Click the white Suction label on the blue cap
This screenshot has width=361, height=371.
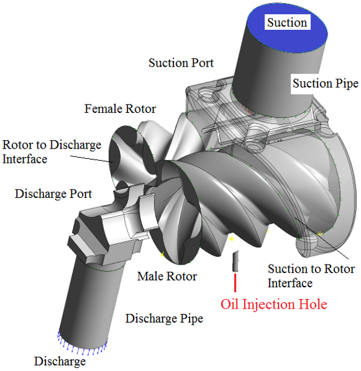[287, 23]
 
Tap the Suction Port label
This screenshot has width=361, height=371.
[181, 63]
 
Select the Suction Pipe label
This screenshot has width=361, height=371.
[325, 84]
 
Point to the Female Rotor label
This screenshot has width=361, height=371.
[120, 109]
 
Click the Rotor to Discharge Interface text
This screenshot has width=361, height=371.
[52, 152]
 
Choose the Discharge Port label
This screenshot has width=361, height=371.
[53, 194]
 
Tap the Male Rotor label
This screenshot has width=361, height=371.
[167, 276]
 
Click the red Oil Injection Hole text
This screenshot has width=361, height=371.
[274, 304]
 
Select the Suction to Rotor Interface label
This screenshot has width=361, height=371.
[311, 276]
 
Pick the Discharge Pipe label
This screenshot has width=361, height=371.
[164, 318]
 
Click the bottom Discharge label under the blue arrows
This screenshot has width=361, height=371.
[60, 361]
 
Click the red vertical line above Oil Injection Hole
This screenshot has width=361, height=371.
[235, 283]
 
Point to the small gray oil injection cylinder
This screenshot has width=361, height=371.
[235, 261]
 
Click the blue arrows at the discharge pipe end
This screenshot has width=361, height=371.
[81, 348]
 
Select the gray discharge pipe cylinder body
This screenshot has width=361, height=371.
[90, 305]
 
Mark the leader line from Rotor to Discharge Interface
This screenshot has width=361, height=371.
[92, 159]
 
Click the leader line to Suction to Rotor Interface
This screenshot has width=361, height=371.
[321, 238]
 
